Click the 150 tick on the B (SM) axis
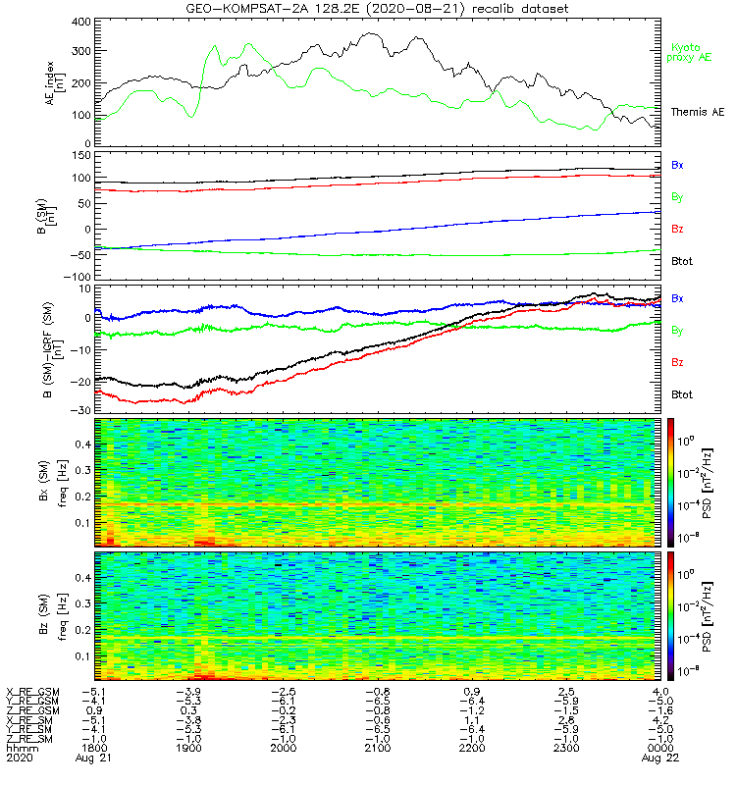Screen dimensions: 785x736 (80, 155)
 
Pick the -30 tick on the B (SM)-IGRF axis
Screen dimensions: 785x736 (80, 409)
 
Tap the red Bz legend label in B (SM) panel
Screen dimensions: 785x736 (677, 230)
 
